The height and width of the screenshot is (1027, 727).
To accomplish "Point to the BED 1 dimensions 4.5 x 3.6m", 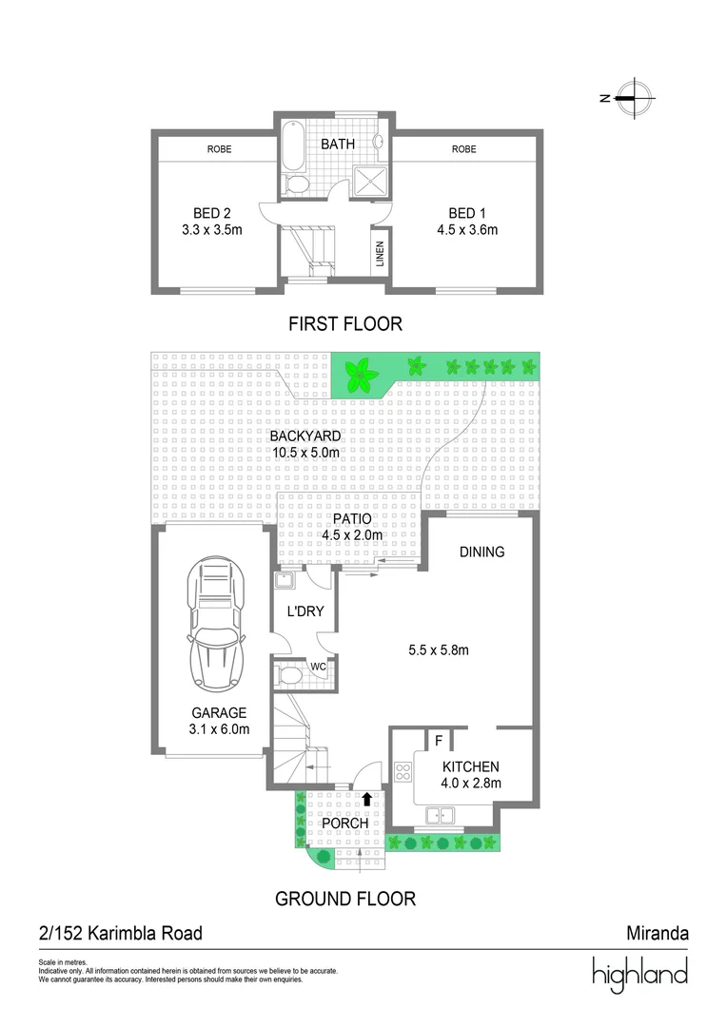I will point(466,229).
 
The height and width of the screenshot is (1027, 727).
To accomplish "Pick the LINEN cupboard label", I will point(380,255).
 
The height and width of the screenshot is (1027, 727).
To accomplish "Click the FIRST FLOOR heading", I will point(344,324).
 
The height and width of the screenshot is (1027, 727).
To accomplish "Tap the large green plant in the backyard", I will point(360,376).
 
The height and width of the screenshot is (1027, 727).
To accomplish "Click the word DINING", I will point(481,552).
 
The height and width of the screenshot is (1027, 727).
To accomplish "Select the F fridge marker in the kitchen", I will point(439,739).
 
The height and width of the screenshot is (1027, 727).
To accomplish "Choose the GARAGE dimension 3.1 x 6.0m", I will point(218,729).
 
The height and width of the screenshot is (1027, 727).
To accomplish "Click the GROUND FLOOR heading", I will point(344,898).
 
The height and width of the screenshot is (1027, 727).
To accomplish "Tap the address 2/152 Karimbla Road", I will point(120,933).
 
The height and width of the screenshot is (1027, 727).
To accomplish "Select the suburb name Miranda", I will point(658,933).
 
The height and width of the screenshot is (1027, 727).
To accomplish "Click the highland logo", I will point(639,975).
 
